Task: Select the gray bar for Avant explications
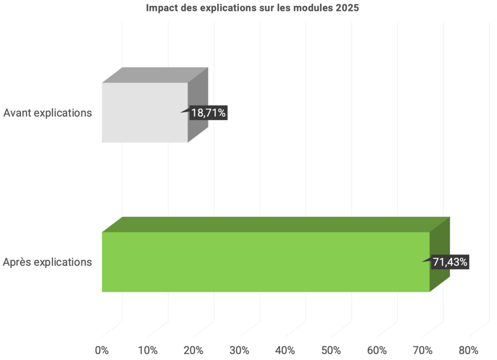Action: (145, 112)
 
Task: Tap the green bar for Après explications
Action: (265, 262)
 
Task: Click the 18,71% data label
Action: (208, 113)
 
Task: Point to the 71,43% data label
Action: (450, 262)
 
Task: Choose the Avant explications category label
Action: (48, 113)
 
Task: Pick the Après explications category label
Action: (48, 262)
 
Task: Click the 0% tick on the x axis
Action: (102, 350)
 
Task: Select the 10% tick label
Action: (148, 350)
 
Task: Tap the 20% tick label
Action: (193, 350)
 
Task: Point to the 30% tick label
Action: (239, 350)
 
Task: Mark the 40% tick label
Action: (285, 350)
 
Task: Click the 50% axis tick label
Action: (331, 350)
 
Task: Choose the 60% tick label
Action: (377, 350)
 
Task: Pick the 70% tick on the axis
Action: (422, 350)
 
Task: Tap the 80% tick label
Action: (468, 350)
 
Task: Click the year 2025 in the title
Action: (347, 8)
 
